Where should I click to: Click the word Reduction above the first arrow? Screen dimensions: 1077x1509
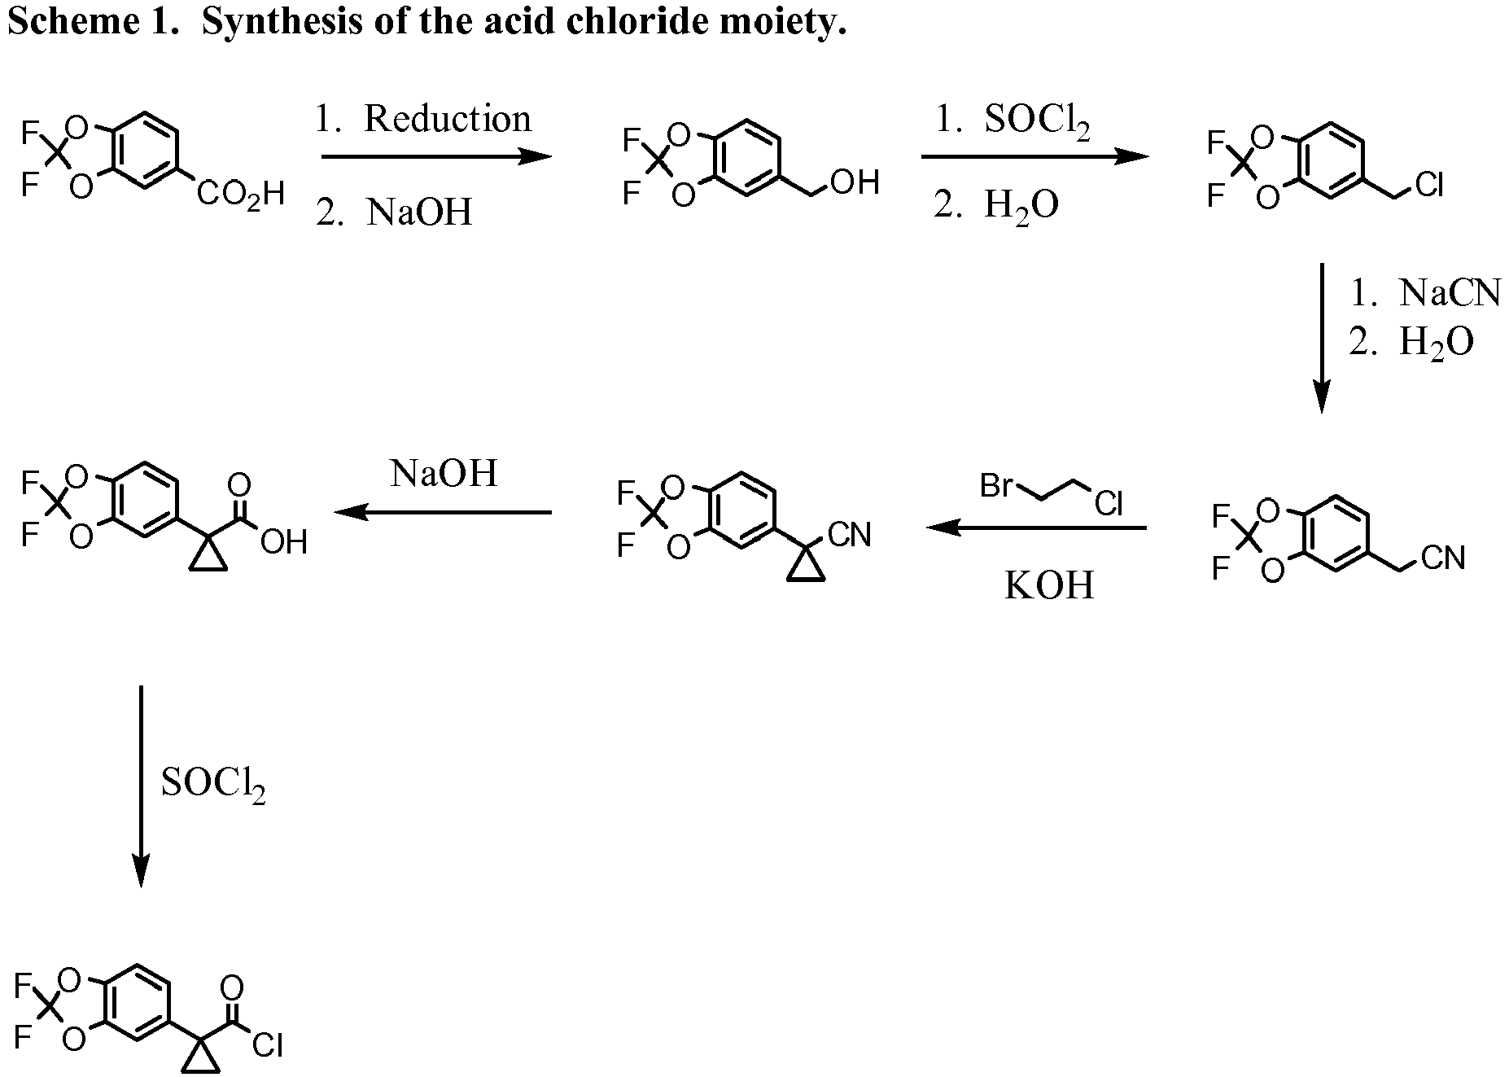[x=447, y=119]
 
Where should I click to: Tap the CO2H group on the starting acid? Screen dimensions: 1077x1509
[x=241, y=195]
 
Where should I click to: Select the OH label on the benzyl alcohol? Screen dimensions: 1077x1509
[x=855, y=182]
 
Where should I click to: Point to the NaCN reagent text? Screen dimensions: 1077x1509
[x=1450, y=293]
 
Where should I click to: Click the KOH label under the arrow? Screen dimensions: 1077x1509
[x=1049, y=585]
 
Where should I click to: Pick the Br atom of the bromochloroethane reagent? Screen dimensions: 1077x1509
[x=996, y=486]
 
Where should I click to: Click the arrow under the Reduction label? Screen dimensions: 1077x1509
[x=436, y=156]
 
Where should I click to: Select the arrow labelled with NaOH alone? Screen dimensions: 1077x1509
[x=443, y=512]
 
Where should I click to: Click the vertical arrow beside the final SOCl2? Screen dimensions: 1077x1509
[x=141, y=786]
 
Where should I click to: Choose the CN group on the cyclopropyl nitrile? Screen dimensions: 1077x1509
[x=849, y=535]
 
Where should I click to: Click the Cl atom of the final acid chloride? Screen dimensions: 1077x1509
[x=268, y=1044]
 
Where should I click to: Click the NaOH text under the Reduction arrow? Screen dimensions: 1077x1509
[x=419, y=212]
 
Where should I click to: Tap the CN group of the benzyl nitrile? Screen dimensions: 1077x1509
[x=1444, y=558]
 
